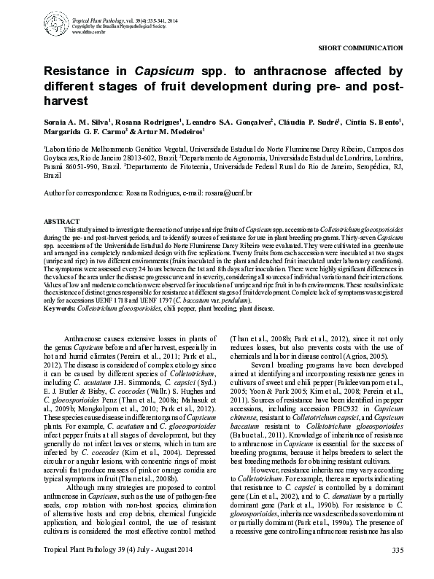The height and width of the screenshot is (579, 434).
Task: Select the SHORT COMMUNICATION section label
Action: [x=361, y=47]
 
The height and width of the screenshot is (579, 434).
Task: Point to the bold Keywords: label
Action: [x=62, y=308]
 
